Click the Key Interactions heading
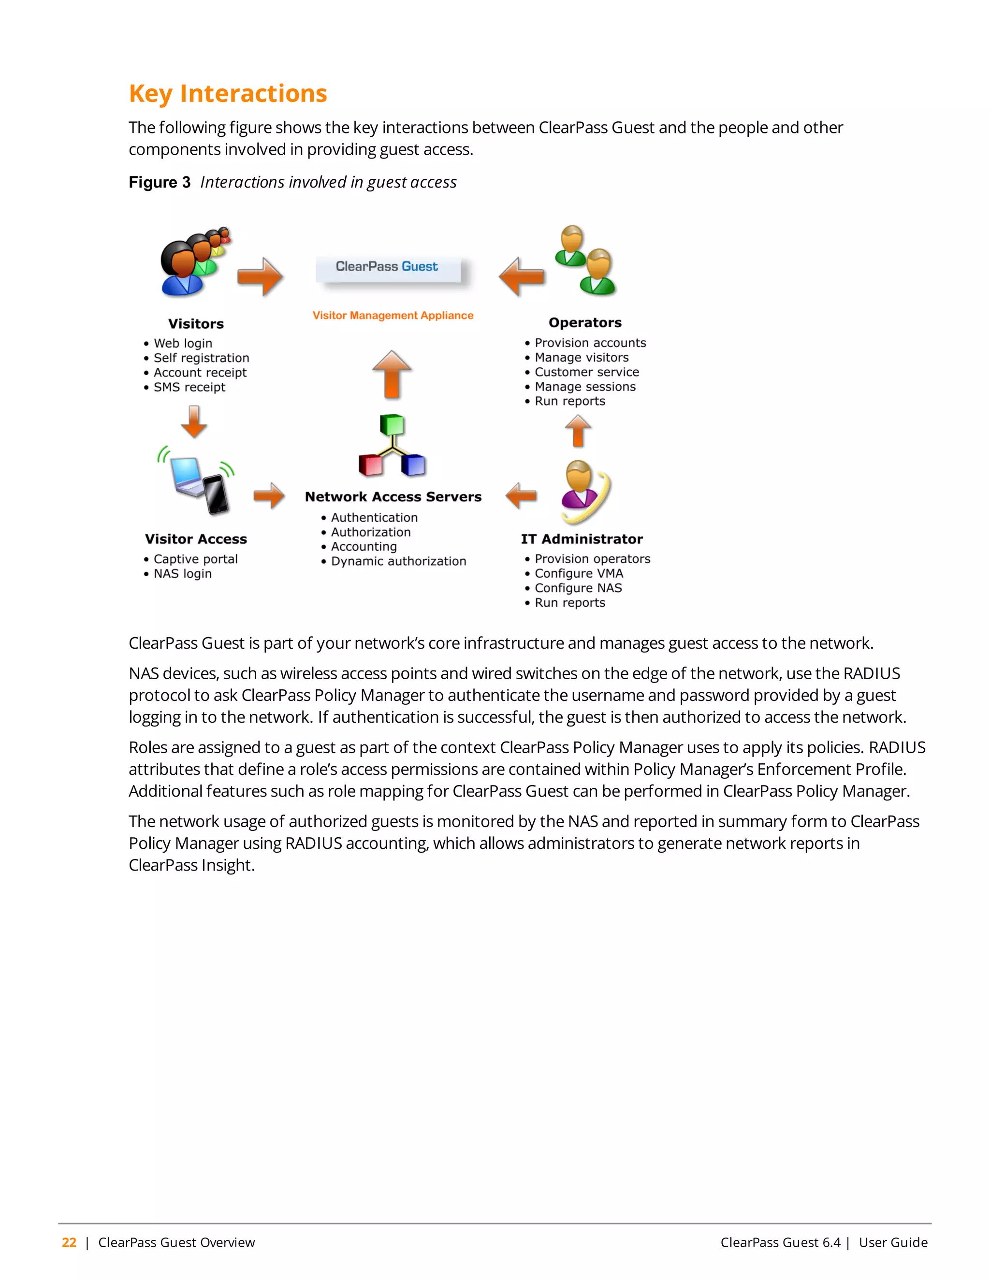(x=228, y=94)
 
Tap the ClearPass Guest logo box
(x=388, y=269)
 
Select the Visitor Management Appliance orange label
(x=393, y=316)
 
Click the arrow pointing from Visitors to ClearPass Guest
(x=261, y=277)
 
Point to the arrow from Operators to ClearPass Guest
(x=522, y=277)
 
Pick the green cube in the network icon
(x=392, y=424)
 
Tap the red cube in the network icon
(x=371, y=465)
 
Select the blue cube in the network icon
(x=413, y=465)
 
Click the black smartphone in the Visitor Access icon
(x=216, y=494)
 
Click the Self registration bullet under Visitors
(x=201, y=358)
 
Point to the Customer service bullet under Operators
(x=586, y=372)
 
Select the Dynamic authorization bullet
(x=398, y=561)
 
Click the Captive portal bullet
(x=195, y=559)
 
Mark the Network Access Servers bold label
(x=393, y=497)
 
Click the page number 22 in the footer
(x=69, y=1242)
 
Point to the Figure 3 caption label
(x=160, y=182)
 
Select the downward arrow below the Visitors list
(x=194, y=422)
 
